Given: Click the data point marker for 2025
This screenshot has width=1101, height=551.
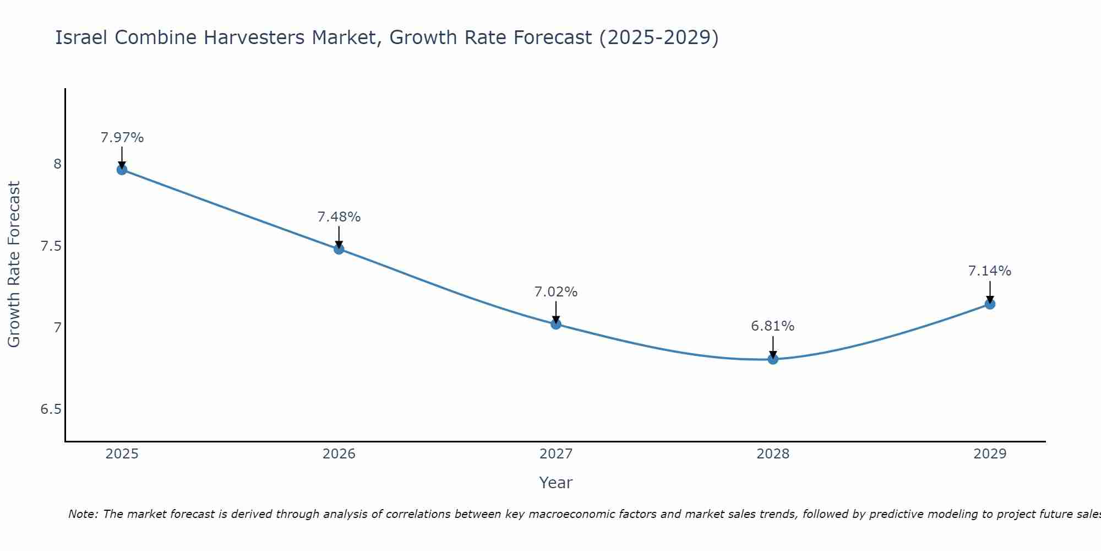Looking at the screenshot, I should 122,169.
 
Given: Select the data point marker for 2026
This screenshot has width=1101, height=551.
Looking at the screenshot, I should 339,249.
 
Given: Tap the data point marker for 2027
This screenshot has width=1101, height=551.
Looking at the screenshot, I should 555,324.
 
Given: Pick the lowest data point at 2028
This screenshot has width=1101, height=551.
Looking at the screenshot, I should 772,359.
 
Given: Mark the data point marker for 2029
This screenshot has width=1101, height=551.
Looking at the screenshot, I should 989,304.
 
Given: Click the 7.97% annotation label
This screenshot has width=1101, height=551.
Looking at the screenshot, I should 122,138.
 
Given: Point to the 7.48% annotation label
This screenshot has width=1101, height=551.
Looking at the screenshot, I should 339,217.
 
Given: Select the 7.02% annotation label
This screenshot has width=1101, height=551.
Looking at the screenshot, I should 555,292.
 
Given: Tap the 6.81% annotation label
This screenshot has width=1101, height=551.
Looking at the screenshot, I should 772,326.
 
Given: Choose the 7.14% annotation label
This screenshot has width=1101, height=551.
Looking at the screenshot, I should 989,271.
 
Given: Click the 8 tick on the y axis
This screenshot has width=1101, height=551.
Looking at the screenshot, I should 57,164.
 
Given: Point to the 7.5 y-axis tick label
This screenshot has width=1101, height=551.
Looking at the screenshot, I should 51,246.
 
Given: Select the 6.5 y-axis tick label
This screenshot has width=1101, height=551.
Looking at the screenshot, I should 51,409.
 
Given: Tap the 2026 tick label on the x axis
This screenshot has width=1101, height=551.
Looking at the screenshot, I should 339,454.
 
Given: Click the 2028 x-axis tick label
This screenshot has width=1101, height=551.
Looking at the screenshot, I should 772,454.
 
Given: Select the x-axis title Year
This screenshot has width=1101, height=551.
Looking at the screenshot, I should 555,483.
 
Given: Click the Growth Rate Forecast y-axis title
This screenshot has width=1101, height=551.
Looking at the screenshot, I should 14,264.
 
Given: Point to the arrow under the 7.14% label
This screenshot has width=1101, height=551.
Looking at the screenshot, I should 989,291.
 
